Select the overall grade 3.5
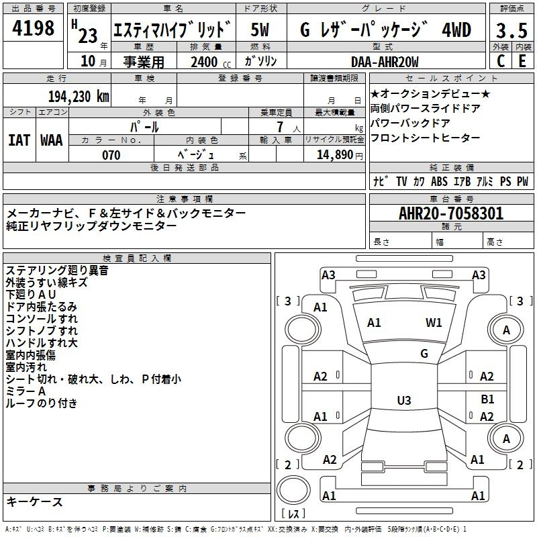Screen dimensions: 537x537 coord(511,30)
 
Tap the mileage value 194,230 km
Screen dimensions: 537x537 coord(77,96)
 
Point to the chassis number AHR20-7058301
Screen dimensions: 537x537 coord(451,213)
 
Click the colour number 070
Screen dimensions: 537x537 coord(111,155)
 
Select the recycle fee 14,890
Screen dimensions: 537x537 coord(334,155)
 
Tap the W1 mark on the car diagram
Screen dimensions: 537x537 coord(434,323)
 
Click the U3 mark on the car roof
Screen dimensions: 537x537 coord(403,401)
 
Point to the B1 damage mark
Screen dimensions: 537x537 coord(488,399)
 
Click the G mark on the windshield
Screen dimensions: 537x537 coord(424,354)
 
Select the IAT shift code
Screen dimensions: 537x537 coord(19,140)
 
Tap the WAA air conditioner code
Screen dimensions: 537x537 coord(52,140)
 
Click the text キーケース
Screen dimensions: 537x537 coord(35,502)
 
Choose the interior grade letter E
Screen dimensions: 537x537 coord(522,61)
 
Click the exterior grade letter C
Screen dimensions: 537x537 coord(500,61)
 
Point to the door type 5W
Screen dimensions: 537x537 coord(262,30)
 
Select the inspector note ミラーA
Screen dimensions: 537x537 coord(26,391)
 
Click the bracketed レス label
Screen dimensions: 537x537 coord(293,515)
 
